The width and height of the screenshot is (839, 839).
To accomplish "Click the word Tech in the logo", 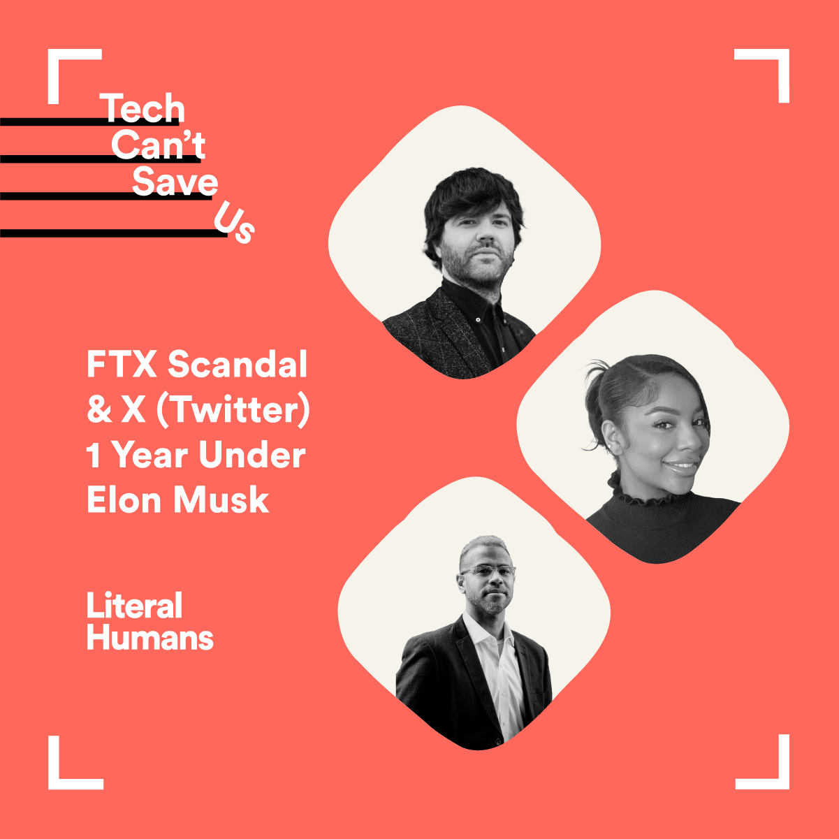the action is [x=143, y=108].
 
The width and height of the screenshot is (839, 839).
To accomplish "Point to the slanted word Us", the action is [x=234, y=222].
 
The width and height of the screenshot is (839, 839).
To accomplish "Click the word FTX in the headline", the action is [x=122, y=364].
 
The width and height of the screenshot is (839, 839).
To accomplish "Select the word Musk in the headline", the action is [x=221, y=499].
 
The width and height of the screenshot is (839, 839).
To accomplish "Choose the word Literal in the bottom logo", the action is [x=134, y=605].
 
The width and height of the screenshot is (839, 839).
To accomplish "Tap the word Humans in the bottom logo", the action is [x=150, y=637].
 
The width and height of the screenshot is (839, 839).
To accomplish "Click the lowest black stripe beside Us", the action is [x=114, y=233].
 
